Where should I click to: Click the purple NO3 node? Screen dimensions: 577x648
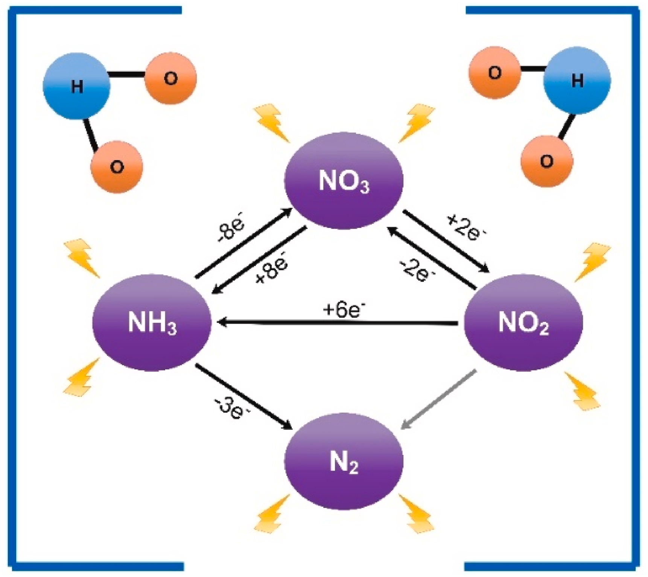[344, 181]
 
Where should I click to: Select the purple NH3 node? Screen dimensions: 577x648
[152, 323]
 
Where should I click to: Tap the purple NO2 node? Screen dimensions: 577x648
[523, 323]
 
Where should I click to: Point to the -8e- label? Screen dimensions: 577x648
[232, 230]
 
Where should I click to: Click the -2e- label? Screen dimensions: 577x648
[417, 268]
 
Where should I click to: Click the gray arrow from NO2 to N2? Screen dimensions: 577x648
[438, 400]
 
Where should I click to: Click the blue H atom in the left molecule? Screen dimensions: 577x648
[77, 86]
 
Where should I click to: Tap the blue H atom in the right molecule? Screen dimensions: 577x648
[577, 81]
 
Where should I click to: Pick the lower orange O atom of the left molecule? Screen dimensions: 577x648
[117, 167]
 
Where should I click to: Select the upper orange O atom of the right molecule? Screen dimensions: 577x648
[494, 73]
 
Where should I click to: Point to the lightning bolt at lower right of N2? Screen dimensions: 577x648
[416, 514]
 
